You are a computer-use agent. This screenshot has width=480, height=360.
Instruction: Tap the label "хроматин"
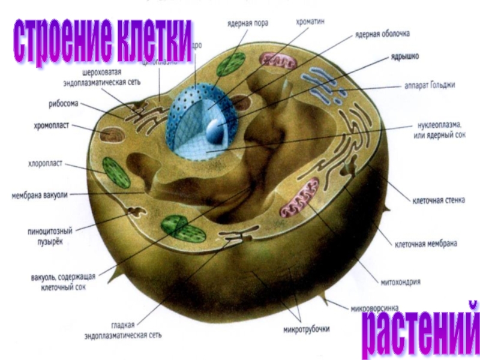click(x=311, y=21)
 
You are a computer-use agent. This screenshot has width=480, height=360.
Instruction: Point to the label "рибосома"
click(x=64, y=104)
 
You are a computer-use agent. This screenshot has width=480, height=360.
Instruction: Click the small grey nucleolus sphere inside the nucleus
click(x=214, y=128)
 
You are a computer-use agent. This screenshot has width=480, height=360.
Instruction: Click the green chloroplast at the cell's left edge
click(x=116, y=173)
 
